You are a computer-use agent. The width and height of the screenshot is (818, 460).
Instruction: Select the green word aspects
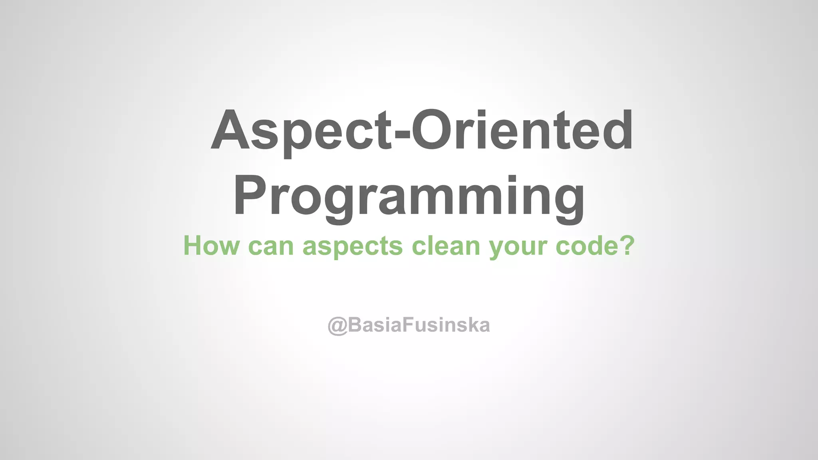click(x=353, y=247)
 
